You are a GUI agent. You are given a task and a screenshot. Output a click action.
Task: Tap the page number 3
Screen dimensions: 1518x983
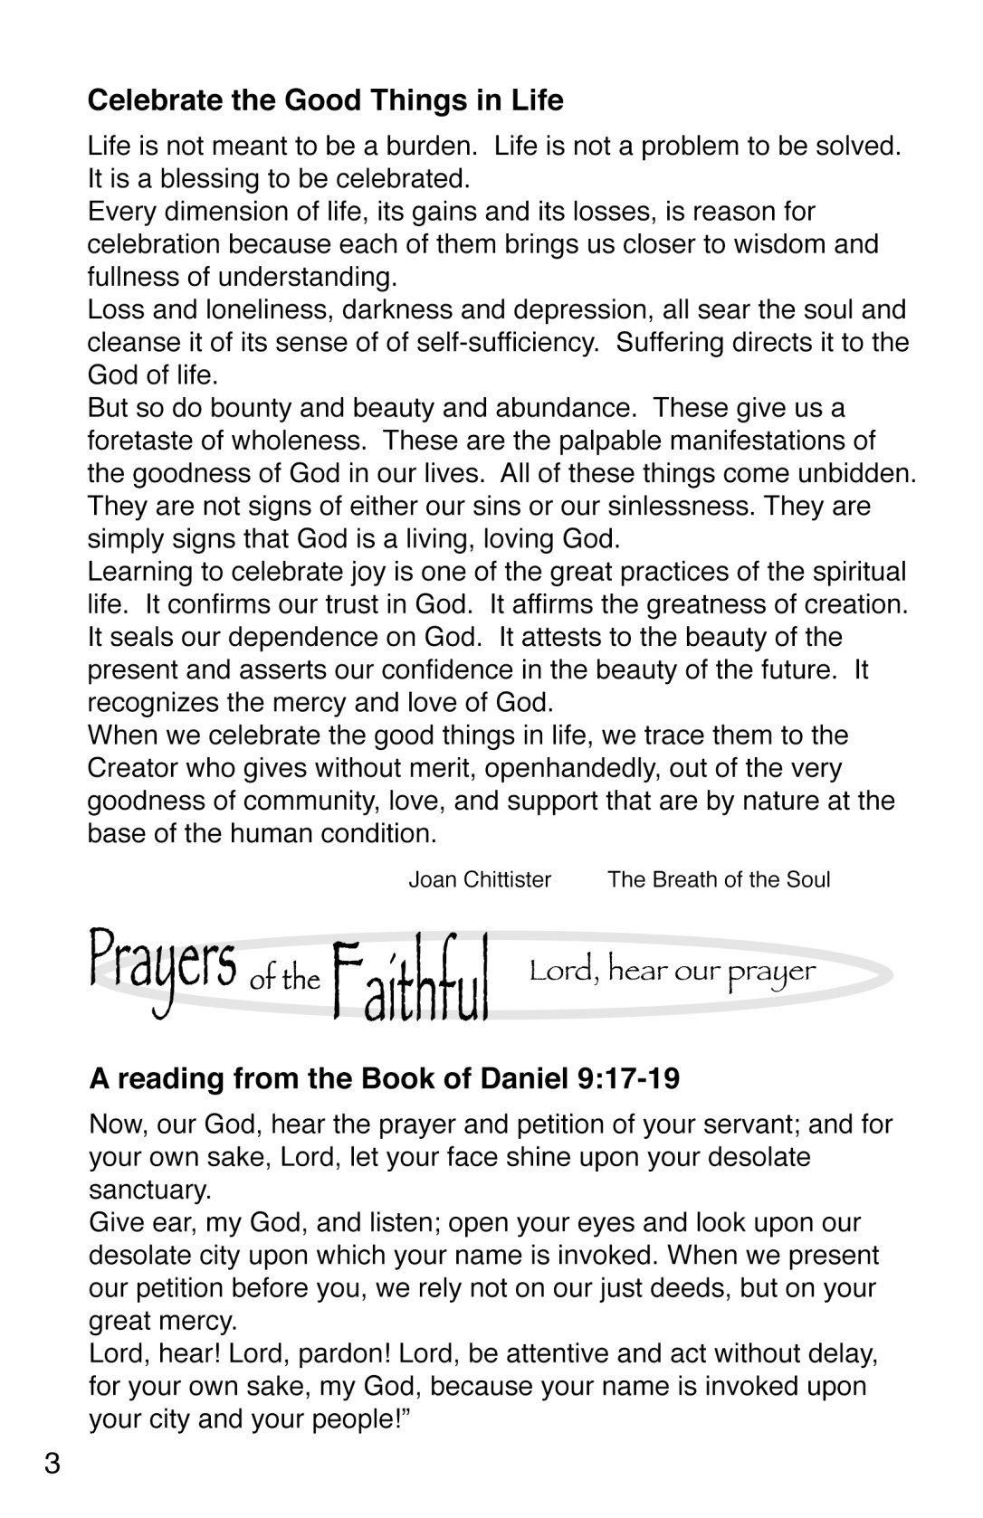[x=52, y=1464]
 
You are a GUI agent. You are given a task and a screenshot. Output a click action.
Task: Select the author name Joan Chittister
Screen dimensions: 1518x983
[x=480, y=880]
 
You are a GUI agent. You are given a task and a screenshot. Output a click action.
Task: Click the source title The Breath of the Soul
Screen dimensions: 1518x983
[x=719, y=880]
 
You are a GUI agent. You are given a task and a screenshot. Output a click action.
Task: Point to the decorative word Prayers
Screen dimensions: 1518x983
[x=163, y=969]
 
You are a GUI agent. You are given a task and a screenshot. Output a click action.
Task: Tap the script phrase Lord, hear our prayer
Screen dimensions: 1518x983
[x=673, y=972]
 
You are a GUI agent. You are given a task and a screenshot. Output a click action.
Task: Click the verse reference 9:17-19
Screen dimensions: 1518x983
[x=627, y=1079]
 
